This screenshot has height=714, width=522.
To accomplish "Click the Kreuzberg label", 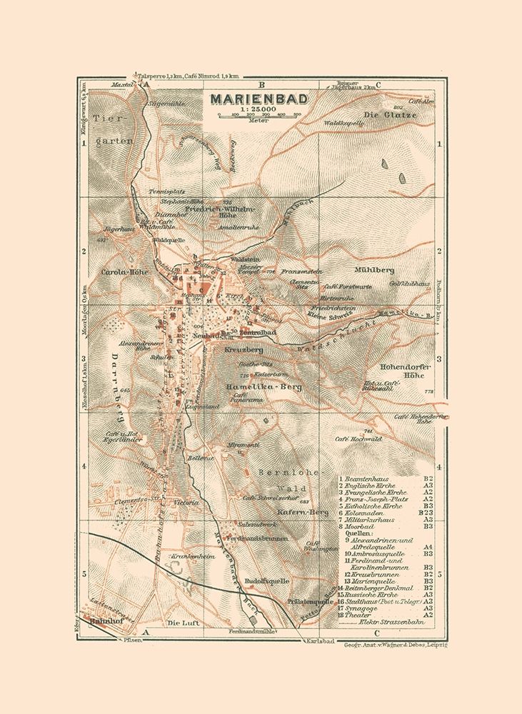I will pos(244,351).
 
